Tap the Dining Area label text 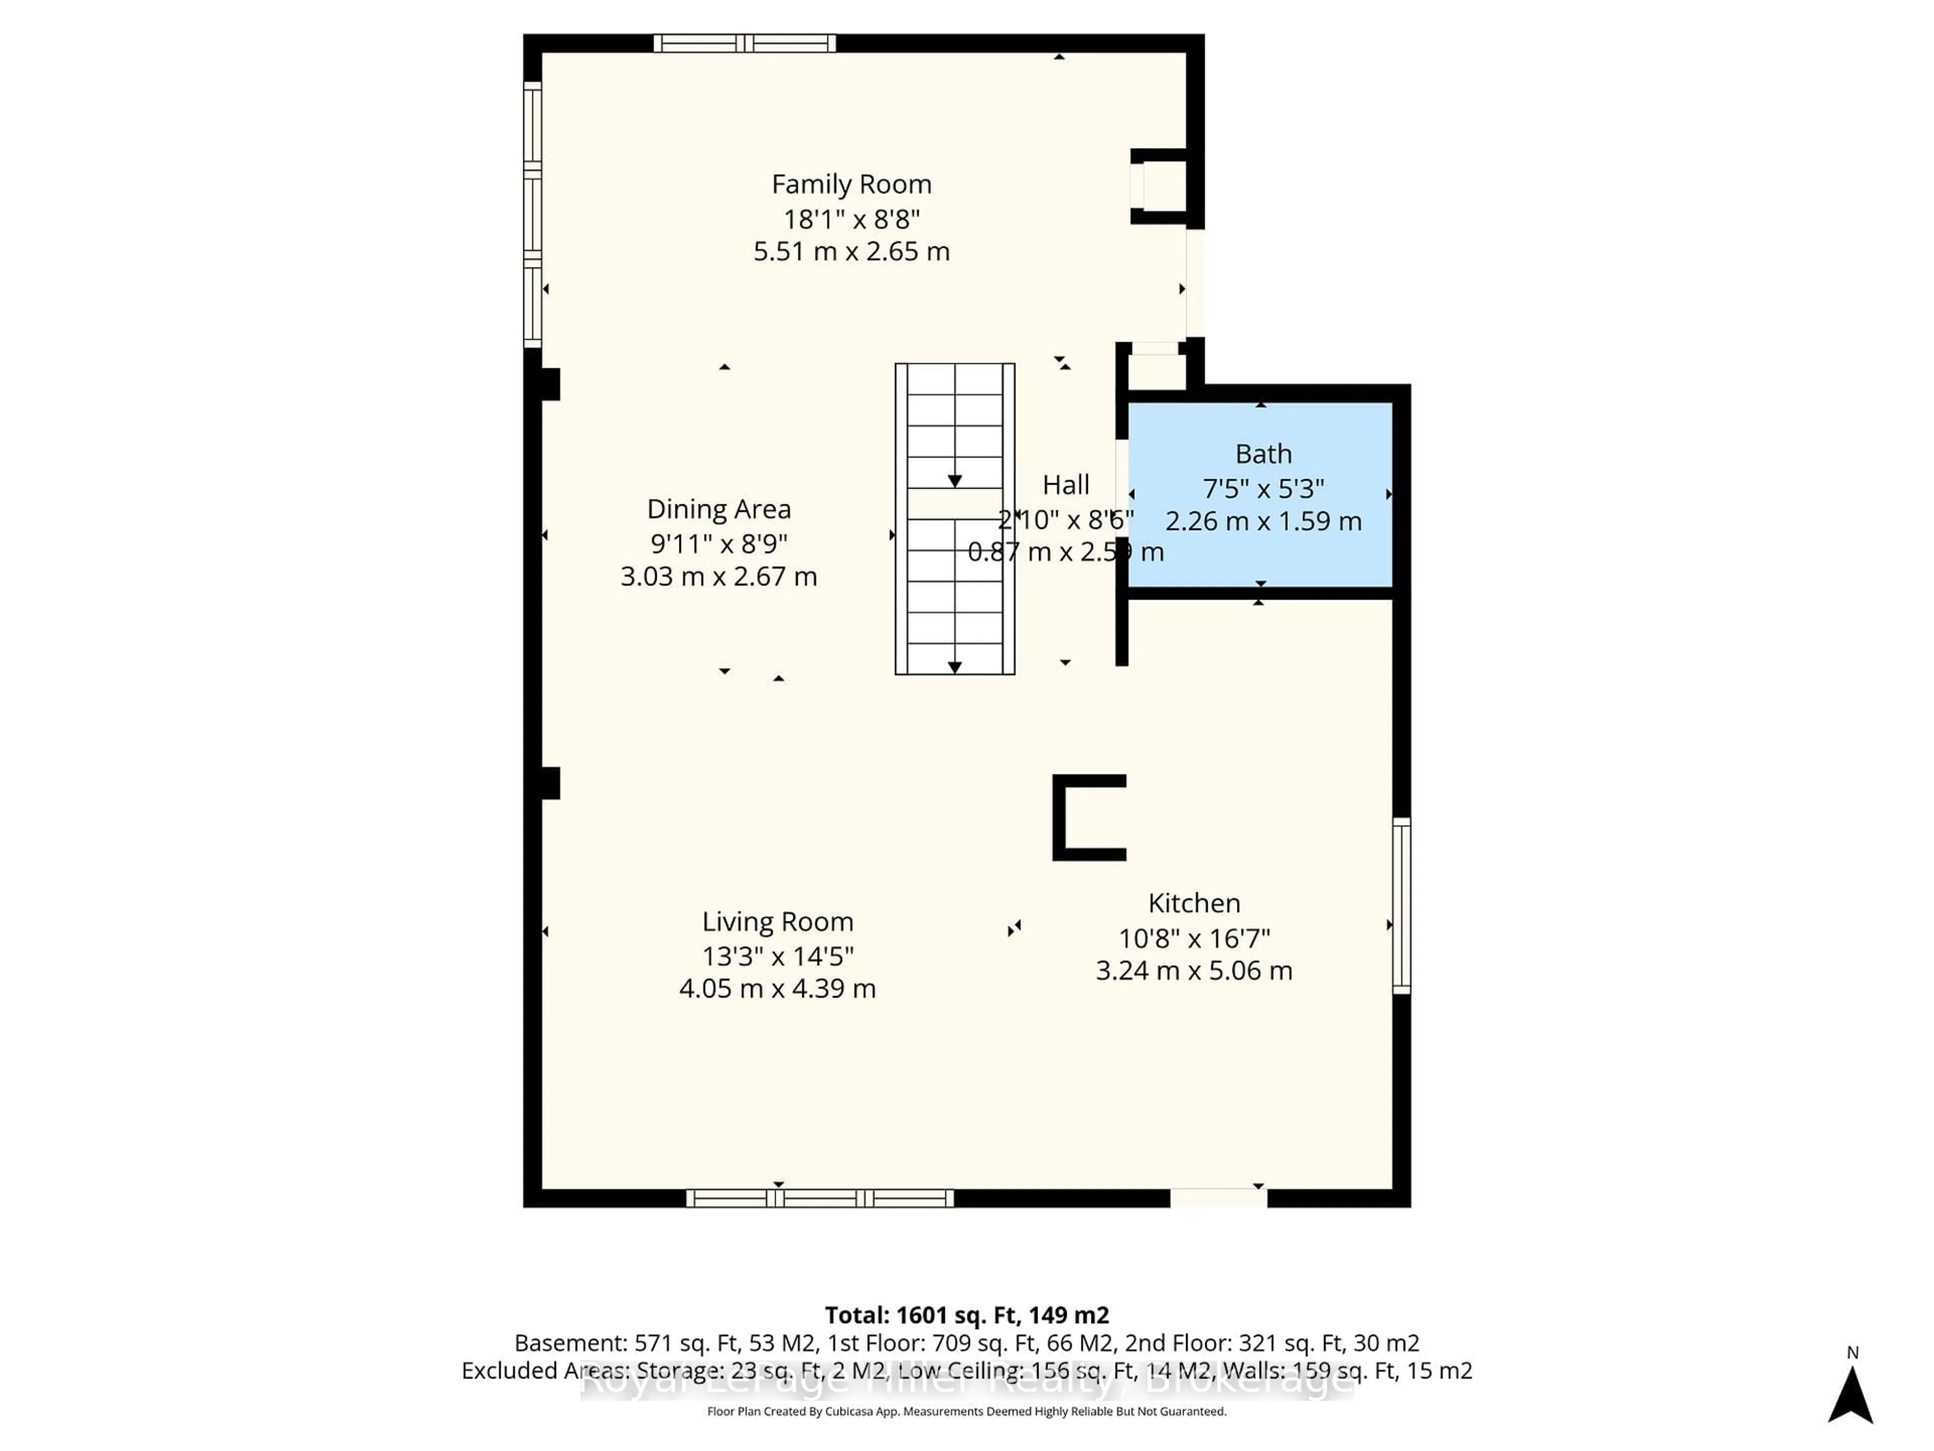719,509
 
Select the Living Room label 777,922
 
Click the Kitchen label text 1194,903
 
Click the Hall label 1066,485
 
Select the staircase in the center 955,518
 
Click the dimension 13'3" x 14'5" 777,956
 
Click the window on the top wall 745,43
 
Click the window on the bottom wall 819,1198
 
